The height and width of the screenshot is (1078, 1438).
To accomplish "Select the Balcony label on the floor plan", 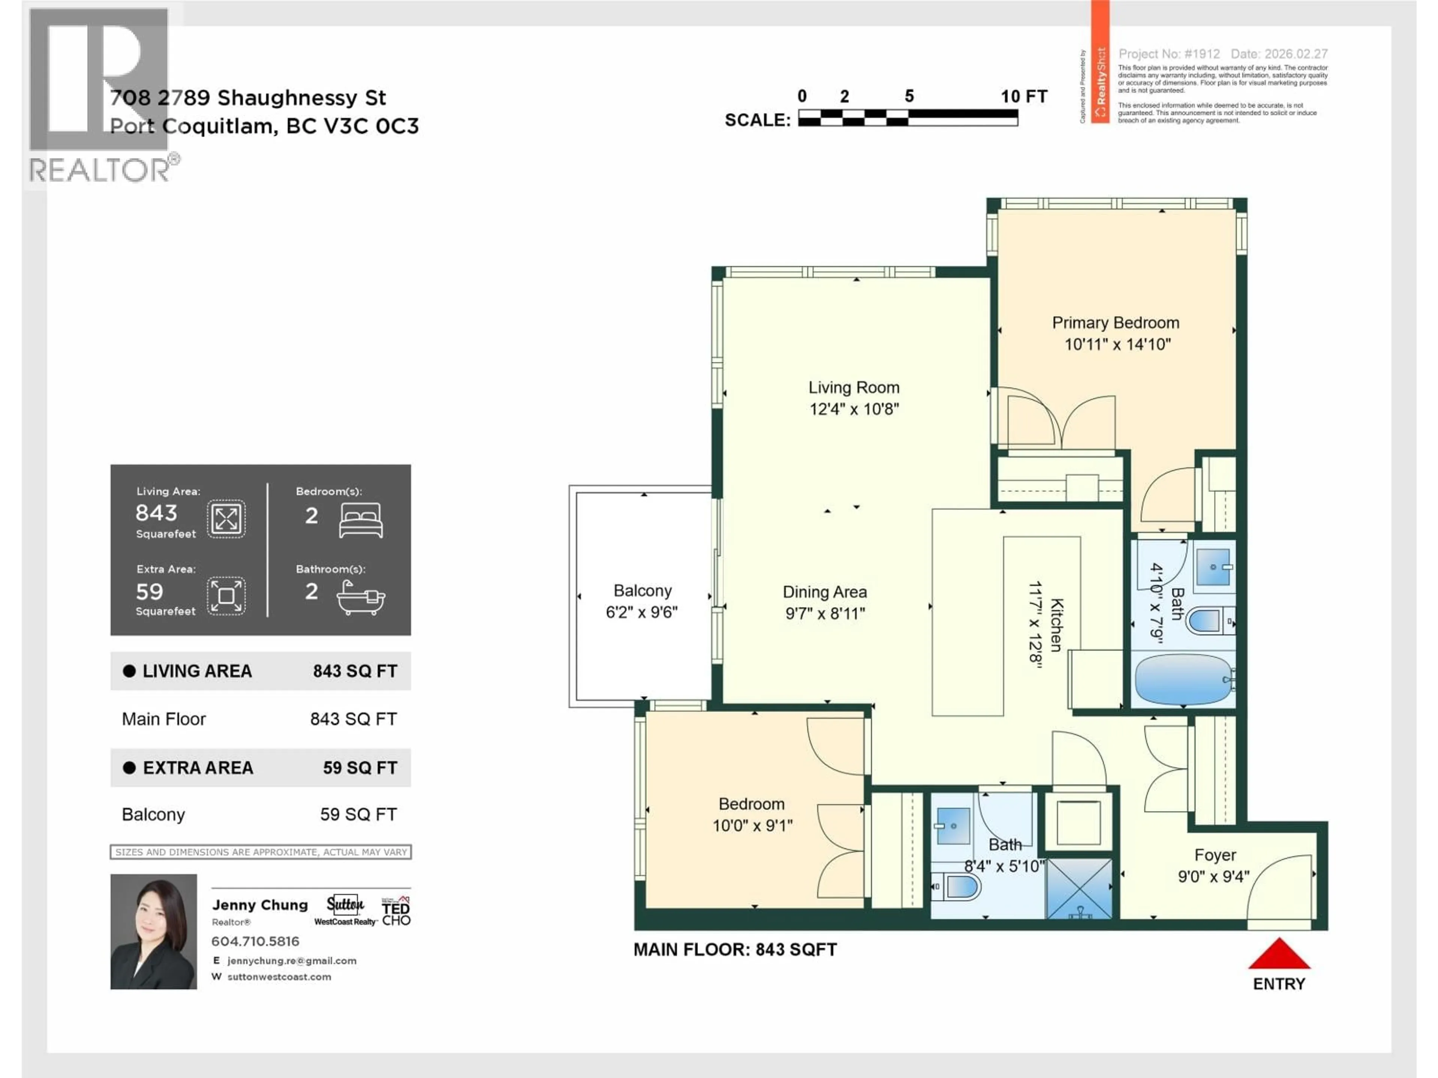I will click(642, 591).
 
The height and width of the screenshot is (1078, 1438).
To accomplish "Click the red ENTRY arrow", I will click(1279, 954).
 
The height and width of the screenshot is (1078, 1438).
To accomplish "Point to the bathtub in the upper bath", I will click(1183, 679).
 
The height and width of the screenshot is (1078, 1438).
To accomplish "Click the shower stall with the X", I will click(1078, 888).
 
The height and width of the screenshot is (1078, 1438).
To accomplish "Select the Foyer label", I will click(1214, 855).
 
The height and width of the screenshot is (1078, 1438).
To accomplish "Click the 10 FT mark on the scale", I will click(1023, 97).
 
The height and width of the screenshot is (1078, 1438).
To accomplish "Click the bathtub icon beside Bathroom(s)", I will click(360, 597).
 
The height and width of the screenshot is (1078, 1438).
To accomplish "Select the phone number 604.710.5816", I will click(255, 941).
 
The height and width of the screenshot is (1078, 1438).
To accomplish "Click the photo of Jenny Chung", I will click(154, 931).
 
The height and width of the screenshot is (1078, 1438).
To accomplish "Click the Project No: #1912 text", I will click(1168, 54).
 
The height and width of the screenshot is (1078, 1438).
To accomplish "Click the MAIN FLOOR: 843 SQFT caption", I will click(735, 949).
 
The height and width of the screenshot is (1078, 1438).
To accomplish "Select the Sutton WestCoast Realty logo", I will click(345, 910).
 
